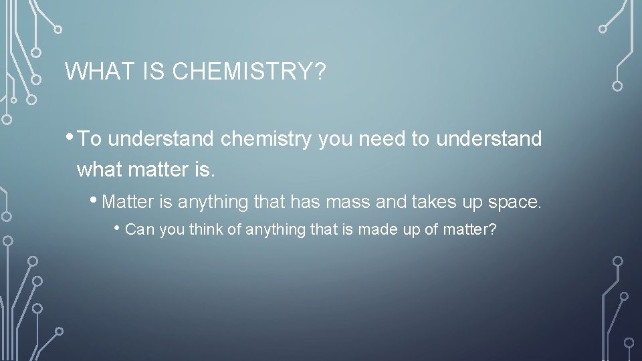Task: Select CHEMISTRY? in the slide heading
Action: click(x=249, y=72)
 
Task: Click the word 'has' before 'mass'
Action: click(x=305, y=201)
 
